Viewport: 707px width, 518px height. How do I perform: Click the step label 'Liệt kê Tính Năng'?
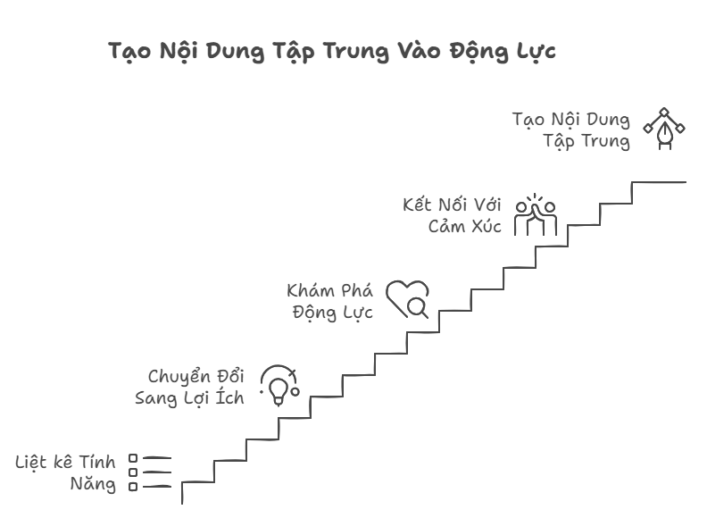click(67, 473)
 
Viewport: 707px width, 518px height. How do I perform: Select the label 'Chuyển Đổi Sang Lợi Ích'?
click(190, 387)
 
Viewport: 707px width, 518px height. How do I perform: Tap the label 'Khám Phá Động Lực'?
click(330, 301)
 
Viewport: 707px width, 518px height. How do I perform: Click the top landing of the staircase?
click(659, 182)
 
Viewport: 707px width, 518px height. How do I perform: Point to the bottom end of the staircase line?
click(182, 500)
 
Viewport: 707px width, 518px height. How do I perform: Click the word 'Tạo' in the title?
click(129, 51)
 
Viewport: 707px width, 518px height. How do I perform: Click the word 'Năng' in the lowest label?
click(94, 485)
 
